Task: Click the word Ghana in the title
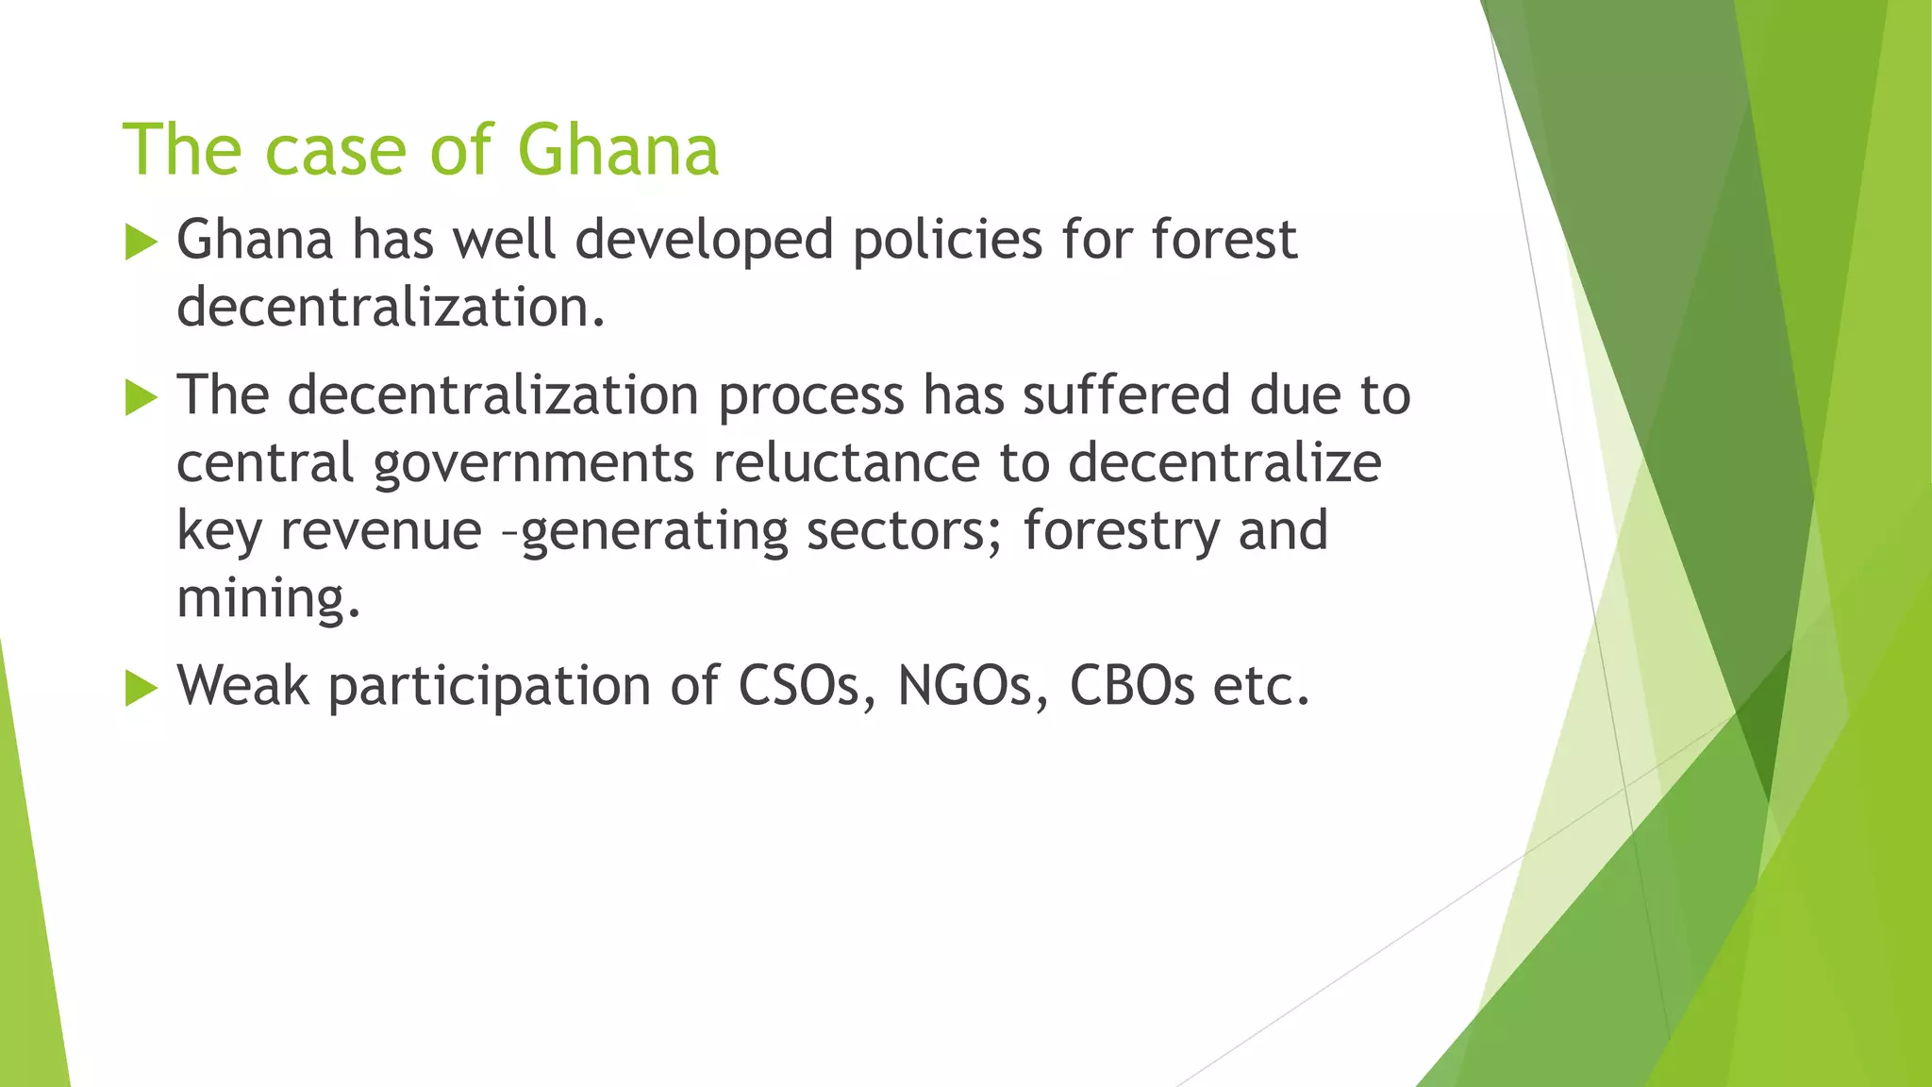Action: click(618, 150)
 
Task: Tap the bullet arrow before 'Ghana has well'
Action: click(141, 242)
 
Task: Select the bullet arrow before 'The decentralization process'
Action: click(141, 397)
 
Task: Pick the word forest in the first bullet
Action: click(1224, 240)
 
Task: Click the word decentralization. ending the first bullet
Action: click(391, 308)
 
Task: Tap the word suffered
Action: click(1126, 394)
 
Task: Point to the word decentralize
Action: click(1224, 462)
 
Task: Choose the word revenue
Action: click(382, 530)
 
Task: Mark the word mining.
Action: click(268, 598)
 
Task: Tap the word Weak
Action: click(242, 685)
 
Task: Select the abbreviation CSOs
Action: click(810, 685)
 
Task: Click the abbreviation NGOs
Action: click(972, 685)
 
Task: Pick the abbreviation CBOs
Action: click(1132, 685)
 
